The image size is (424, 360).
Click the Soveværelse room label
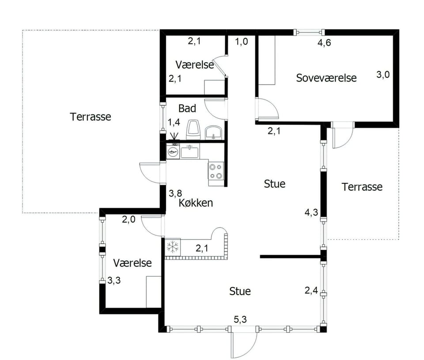tap(326, 78)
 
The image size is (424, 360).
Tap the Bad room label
tap(187, 109)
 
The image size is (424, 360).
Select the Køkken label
tap(196, 203)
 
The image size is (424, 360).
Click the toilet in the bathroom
tap(193, 130)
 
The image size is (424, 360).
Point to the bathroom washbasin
tap(214, 133)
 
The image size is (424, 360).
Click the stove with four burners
tap(216, 171)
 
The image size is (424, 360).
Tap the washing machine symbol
tap(173, 151)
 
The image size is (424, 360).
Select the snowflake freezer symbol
tap(173, 246)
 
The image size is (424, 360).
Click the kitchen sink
tap(190, 152)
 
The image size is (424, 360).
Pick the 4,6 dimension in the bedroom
tap(324, 43)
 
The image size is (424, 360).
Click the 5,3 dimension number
tap(240, 319)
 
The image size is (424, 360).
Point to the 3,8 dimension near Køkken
tap(175, 193)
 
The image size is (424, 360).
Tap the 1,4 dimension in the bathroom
tap(174, 122)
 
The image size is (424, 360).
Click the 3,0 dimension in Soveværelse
tap(383, 74)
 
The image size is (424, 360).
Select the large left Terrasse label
tap(90, 117)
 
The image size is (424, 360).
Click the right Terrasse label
tap(362, 187)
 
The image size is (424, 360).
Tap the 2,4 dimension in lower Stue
tap(311, 291)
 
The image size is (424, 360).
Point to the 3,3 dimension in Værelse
tap(114, 280)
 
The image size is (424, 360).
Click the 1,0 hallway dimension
tap(241, 42)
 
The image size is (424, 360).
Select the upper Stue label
tap(274, 184)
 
